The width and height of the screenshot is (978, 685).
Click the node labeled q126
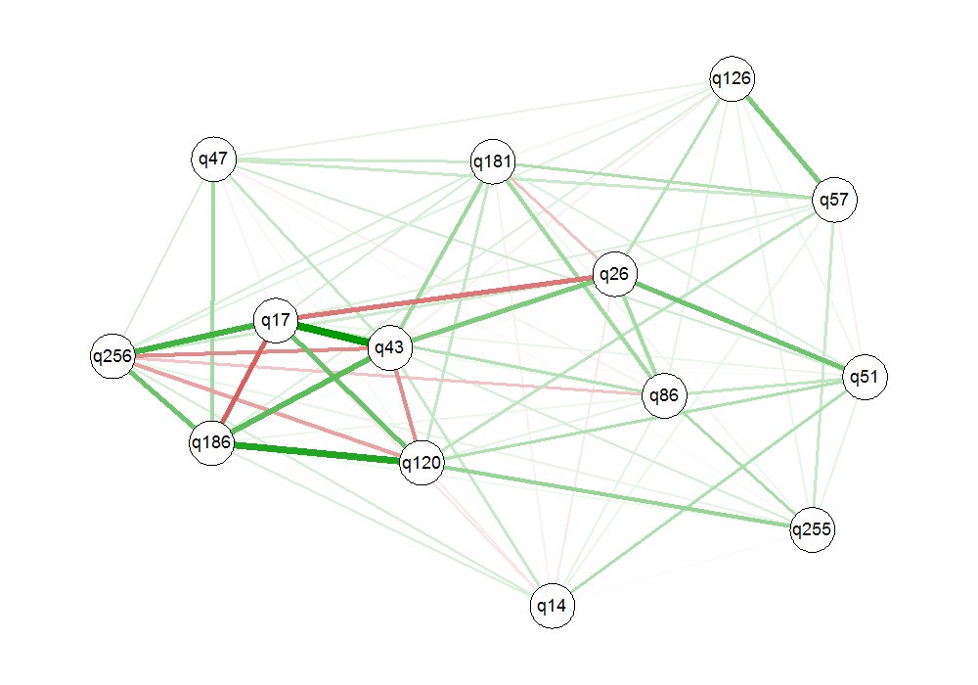pos(733,79)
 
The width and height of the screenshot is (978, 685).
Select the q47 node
pos(213,160)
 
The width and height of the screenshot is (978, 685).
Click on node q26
pos(614,273)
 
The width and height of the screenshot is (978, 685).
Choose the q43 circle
pos(390,346)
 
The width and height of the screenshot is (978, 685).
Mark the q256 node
pos(111,356)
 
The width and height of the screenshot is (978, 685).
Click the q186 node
pos(211,442)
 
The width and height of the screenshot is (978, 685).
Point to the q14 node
pos(552,606)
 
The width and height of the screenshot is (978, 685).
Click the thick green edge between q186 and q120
pos(317,452)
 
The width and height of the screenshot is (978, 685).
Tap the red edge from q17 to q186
pos(243,381)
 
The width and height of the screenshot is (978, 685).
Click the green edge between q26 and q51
pos(738,325)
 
